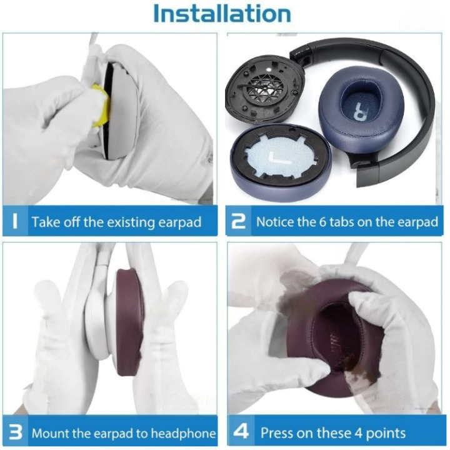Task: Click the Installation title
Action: click(222, 14)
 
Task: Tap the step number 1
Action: click(15, 221)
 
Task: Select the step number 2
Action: click(239, 221)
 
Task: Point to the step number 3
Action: click(16, 432)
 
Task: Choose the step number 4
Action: click(241, 431)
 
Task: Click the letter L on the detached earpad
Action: click(279, 158)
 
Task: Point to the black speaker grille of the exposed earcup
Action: click(264, 89)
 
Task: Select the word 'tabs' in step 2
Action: click(342, 222)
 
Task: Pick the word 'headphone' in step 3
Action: click(183, 433)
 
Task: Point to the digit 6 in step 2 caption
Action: click(322, 222)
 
